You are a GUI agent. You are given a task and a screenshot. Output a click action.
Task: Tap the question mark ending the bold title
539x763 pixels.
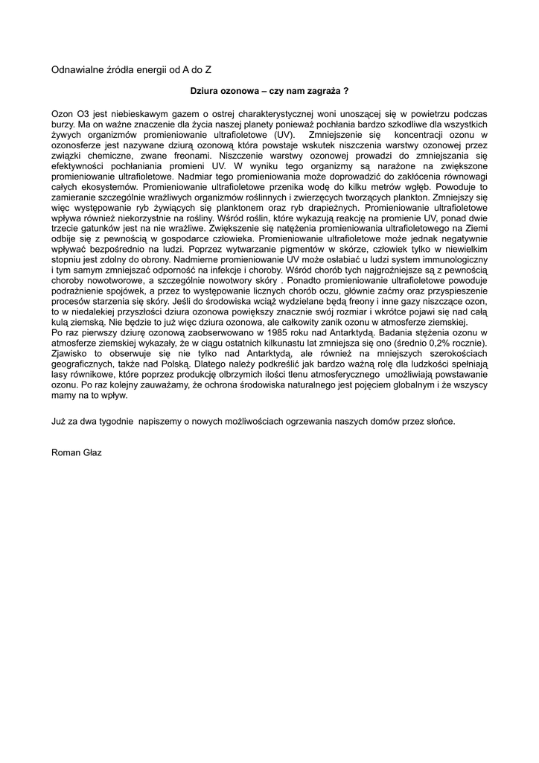[x=346, y=90]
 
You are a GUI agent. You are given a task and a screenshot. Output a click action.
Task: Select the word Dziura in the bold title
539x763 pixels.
[x=204, y=90]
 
